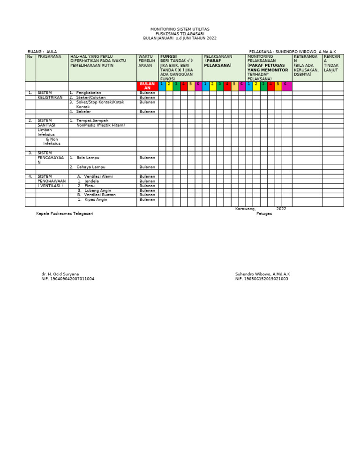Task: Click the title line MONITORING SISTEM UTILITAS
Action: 180,29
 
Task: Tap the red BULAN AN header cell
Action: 147,86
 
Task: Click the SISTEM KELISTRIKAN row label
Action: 50,95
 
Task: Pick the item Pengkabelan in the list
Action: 88,93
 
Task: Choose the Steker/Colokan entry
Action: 90,98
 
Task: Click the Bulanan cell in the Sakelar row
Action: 147,112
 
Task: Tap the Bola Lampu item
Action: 88,158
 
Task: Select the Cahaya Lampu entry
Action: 90,167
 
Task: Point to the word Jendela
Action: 91,181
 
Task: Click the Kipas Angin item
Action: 96,199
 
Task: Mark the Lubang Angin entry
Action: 97,190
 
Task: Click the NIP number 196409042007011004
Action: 67,279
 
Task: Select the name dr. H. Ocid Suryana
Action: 60,274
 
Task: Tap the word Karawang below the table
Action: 245,209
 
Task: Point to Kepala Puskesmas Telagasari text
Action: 65,213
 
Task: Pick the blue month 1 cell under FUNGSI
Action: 162,84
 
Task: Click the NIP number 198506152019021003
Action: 262,279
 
